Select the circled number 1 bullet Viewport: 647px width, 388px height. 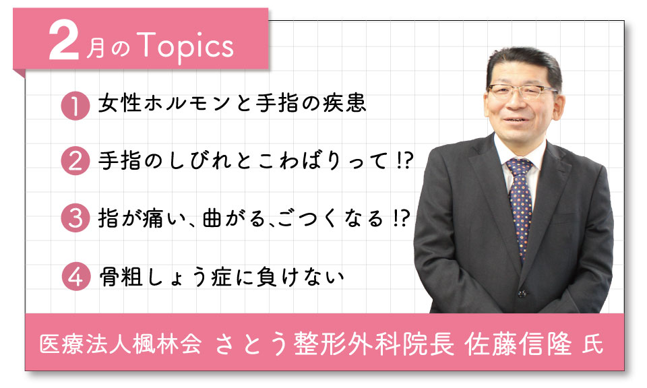click(75, 106)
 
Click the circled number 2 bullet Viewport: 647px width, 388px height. click(75, 161)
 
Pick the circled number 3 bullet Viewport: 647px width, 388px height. click(75, 218)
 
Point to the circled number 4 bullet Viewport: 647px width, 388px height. click(76, 276)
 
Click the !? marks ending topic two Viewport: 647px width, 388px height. click(403, 160)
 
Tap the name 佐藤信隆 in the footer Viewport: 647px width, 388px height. click(518, 344)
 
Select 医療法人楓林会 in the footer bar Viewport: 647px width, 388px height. click(121, 344)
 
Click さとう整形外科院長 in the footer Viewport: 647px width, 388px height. click(335, 344)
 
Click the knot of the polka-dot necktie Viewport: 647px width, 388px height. click(520, 166)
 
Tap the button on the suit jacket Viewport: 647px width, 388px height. click(522, 294)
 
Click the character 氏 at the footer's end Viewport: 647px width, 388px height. click(593, 345)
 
